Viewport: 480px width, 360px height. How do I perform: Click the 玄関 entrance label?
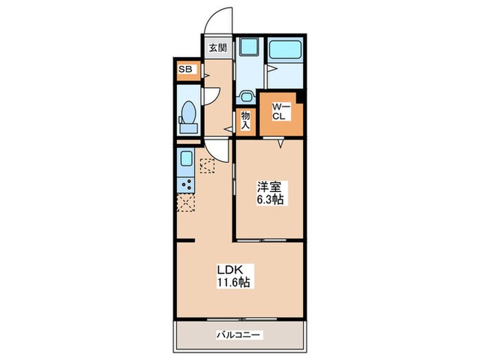[218, 48]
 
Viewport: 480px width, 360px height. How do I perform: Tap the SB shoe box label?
[184, 69]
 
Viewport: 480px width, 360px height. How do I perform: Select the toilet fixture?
[187, 118]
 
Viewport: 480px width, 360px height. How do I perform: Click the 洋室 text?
[269, 187]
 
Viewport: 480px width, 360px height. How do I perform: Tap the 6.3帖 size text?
[270, 200]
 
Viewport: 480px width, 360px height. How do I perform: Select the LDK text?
[229, 269]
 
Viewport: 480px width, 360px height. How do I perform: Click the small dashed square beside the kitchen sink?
[207, 164]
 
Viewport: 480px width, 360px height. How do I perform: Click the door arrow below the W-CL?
[280, 142]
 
